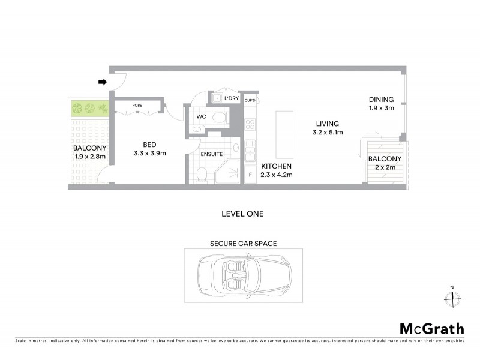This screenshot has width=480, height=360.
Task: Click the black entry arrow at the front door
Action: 103,82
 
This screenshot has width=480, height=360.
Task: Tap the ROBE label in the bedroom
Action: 137,105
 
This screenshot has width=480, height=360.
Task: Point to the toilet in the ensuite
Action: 202,174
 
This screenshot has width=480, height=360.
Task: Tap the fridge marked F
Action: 250,175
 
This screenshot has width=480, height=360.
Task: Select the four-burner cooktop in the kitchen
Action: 250,125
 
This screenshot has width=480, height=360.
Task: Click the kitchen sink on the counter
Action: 250,150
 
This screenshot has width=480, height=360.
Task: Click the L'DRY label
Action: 232,98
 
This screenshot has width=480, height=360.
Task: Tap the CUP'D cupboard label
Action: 250,101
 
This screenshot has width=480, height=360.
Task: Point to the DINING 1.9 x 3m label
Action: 381,104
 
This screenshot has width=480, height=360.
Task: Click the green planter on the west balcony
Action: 89,109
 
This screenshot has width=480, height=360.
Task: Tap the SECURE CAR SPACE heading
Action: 243,244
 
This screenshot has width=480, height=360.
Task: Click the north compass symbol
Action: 452,296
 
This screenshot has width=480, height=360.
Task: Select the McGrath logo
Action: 431,328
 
